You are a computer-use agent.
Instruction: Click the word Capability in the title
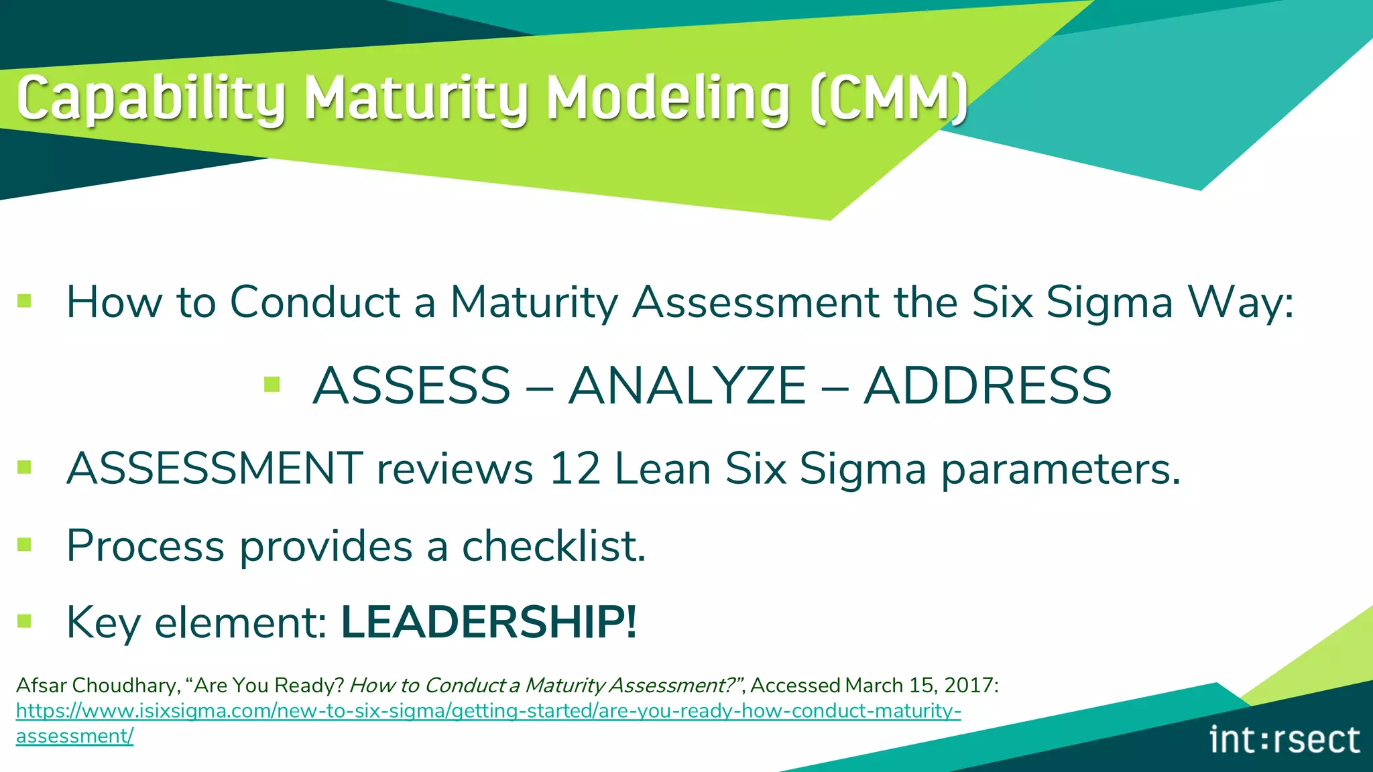pos(151,99)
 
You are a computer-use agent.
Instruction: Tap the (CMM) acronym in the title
pos(888,99)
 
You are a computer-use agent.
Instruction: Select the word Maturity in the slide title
pos(416,99)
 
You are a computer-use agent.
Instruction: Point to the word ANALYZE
pos(687,385)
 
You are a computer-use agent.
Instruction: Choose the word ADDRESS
pos(988,385)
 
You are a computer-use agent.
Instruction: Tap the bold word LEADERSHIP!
pos(489,622)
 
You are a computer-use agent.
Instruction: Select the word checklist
pos(554,545)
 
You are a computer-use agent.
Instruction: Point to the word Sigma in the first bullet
pos(1109,303)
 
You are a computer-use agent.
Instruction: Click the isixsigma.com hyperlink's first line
pos(488,710)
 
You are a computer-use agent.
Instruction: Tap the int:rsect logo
pos(1285,740)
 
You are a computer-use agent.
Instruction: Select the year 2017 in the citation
pos(968,685)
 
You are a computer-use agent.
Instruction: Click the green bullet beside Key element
pos(25,621)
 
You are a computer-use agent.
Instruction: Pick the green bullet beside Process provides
pos(25,544)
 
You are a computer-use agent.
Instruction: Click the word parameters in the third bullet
pos(1061,469)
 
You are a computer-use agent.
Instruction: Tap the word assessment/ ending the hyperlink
pos(74,736)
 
